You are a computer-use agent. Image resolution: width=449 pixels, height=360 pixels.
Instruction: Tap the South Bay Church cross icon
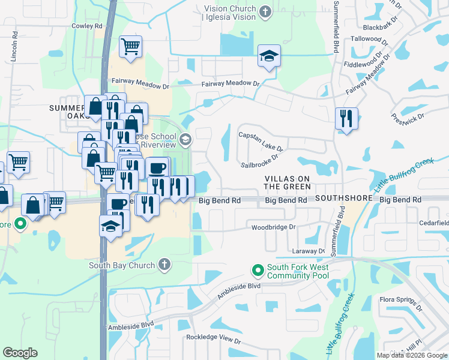(x=164, y=265)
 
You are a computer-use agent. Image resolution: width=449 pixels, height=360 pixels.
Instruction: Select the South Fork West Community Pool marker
(x=258, y=271)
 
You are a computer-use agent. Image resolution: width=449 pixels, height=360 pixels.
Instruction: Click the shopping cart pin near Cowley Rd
(x=130, y=46)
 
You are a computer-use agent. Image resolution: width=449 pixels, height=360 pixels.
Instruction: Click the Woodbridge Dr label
(x=274, y=227)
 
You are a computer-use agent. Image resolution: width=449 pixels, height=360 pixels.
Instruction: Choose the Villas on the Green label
(x=287, y=183)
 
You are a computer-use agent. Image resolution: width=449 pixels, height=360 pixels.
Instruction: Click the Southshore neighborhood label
(x=345, y=197)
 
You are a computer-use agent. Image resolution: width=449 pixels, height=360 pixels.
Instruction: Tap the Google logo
(x=20, y=352)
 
